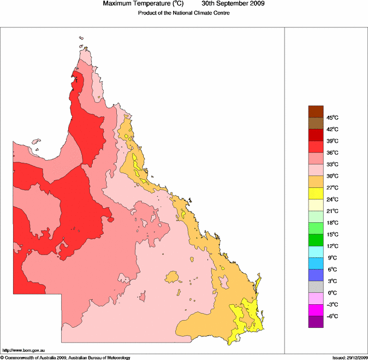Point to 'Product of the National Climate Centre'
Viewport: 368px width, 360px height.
pos(183,13)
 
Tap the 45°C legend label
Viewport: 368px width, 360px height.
pos(333,117)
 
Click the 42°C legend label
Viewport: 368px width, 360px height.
pos(333,129)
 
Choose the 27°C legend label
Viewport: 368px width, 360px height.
pos(333,188)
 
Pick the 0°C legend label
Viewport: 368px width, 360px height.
pos(333,293)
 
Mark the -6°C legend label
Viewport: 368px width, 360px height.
pos(333,316)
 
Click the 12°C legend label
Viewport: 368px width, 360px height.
pos(333,246)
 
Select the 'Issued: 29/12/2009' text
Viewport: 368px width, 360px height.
pos(349,357)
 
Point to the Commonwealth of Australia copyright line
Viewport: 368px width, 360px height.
pos(66,357)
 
